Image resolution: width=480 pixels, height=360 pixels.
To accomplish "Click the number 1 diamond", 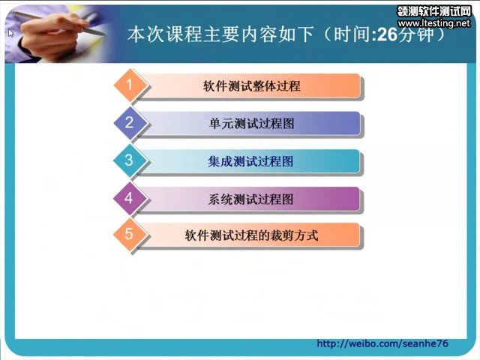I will click(130, 86).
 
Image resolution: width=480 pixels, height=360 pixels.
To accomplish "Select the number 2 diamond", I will click(130, 123).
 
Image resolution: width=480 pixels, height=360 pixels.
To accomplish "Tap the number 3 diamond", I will click(130, 160).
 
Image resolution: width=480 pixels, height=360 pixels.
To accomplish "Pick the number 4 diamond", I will click(130, 198).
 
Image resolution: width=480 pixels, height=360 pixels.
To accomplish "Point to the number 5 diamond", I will click(130, 235).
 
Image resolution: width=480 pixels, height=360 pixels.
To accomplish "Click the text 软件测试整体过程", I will click(251, 86).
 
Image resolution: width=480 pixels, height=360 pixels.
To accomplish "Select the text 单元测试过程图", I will click(251, 124).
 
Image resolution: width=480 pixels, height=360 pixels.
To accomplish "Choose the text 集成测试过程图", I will click(251, 161).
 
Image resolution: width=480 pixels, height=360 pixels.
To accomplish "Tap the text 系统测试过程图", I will click(251, 199).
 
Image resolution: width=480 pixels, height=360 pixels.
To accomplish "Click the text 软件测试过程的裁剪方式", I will click(251, 235).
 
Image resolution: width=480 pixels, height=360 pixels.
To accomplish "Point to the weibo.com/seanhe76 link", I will click(382, 343).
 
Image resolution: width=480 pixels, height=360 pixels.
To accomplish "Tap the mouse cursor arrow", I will click(11, 33).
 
